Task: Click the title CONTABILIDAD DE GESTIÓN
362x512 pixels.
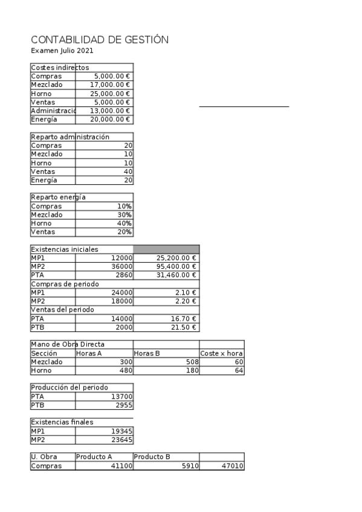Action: point(99,40)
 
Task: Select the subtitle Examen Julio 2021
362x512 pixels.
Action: point(62,51)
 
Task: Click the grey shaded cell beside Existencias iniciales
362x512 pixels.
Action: point(166,249)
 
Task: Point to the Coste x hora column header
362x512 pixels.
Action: point(221,353)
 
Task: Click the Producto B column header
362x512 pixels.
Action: point(152,457)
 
